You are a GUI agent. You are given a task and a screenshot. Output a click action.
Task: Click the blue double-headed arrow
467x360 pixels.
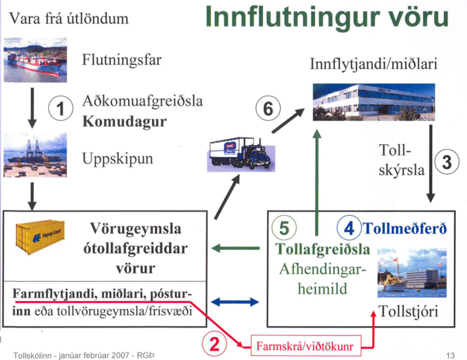pyautogui.click(x=236, y=301)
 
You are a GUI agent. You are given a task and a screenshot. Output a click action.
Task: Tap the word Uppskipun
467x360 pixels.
pyautogui.click(x=118, y=158)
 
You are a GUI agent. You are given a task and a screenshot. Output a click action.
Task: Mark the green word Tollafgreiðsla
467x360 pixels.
pyautogui.click(x=323, y=249)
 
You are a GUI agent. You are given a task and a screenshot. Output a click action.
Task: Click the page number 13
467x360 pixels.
pyautogui.click(x=450, y=355)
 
